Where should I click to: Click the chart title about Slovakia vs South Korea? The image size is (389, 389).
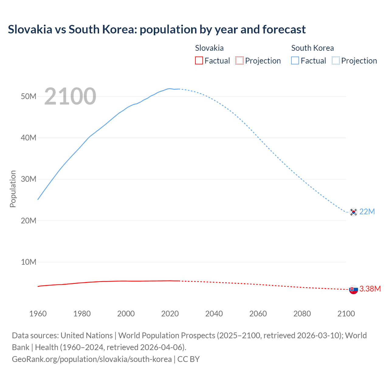157,29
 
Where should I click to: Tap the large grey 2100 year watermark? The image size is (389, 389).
70,96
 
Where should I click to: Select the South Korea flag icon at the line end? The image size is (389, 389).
353,212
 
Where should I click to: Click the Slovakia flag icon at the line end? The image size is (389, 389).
353,290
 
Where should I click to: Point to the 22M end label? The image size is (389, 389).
367,212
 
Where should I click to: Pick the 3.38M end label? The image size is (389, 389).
370,289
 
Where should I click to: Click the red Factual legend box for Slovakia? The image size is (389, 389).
199,60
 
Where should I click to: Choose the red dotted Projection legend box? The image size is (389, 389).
239,60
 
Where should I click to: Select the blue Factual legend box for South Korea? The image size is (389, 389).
295,60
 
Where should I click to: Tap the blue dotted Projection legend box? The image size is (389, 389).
336,60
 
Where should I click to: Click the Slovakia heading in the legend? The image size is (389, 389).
209,48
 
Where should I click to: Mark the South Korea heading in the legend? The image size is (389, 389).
312,48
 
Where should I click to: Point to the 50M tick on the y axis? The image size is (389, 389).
29,96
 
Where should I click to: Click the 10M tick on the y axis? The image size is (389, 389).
29,262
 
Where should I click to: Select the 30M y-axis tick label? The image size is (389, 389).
29,179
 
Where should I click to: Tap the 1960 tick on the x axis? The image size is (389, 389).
38,314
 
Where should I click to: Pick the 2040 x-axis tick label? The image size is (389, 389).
214,314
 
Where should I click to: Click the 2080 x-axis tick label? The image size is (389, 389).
302,314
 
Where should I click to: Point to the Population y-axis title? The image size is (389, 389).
13,189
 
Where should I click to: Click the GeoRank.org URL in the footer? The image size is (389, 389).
92,359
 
